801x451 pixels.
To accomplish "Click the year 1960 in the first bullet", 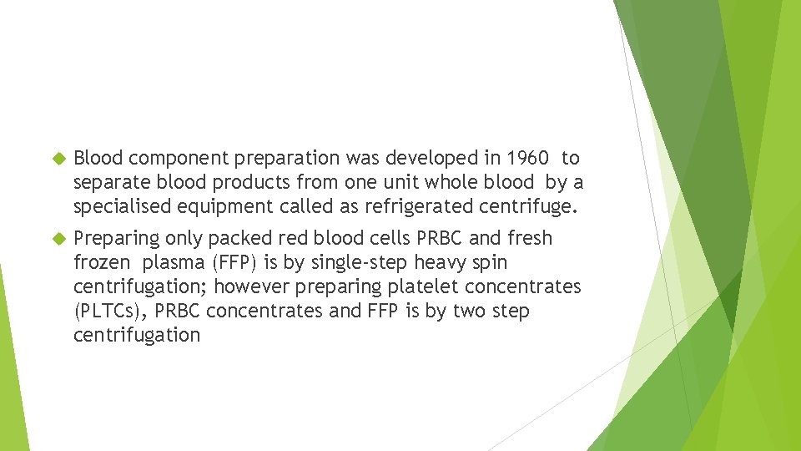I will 527,158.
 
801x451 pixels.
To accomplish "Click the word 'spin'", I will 491,263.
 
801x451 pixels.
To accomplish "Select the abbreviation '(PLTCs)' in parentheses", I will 108,311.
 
